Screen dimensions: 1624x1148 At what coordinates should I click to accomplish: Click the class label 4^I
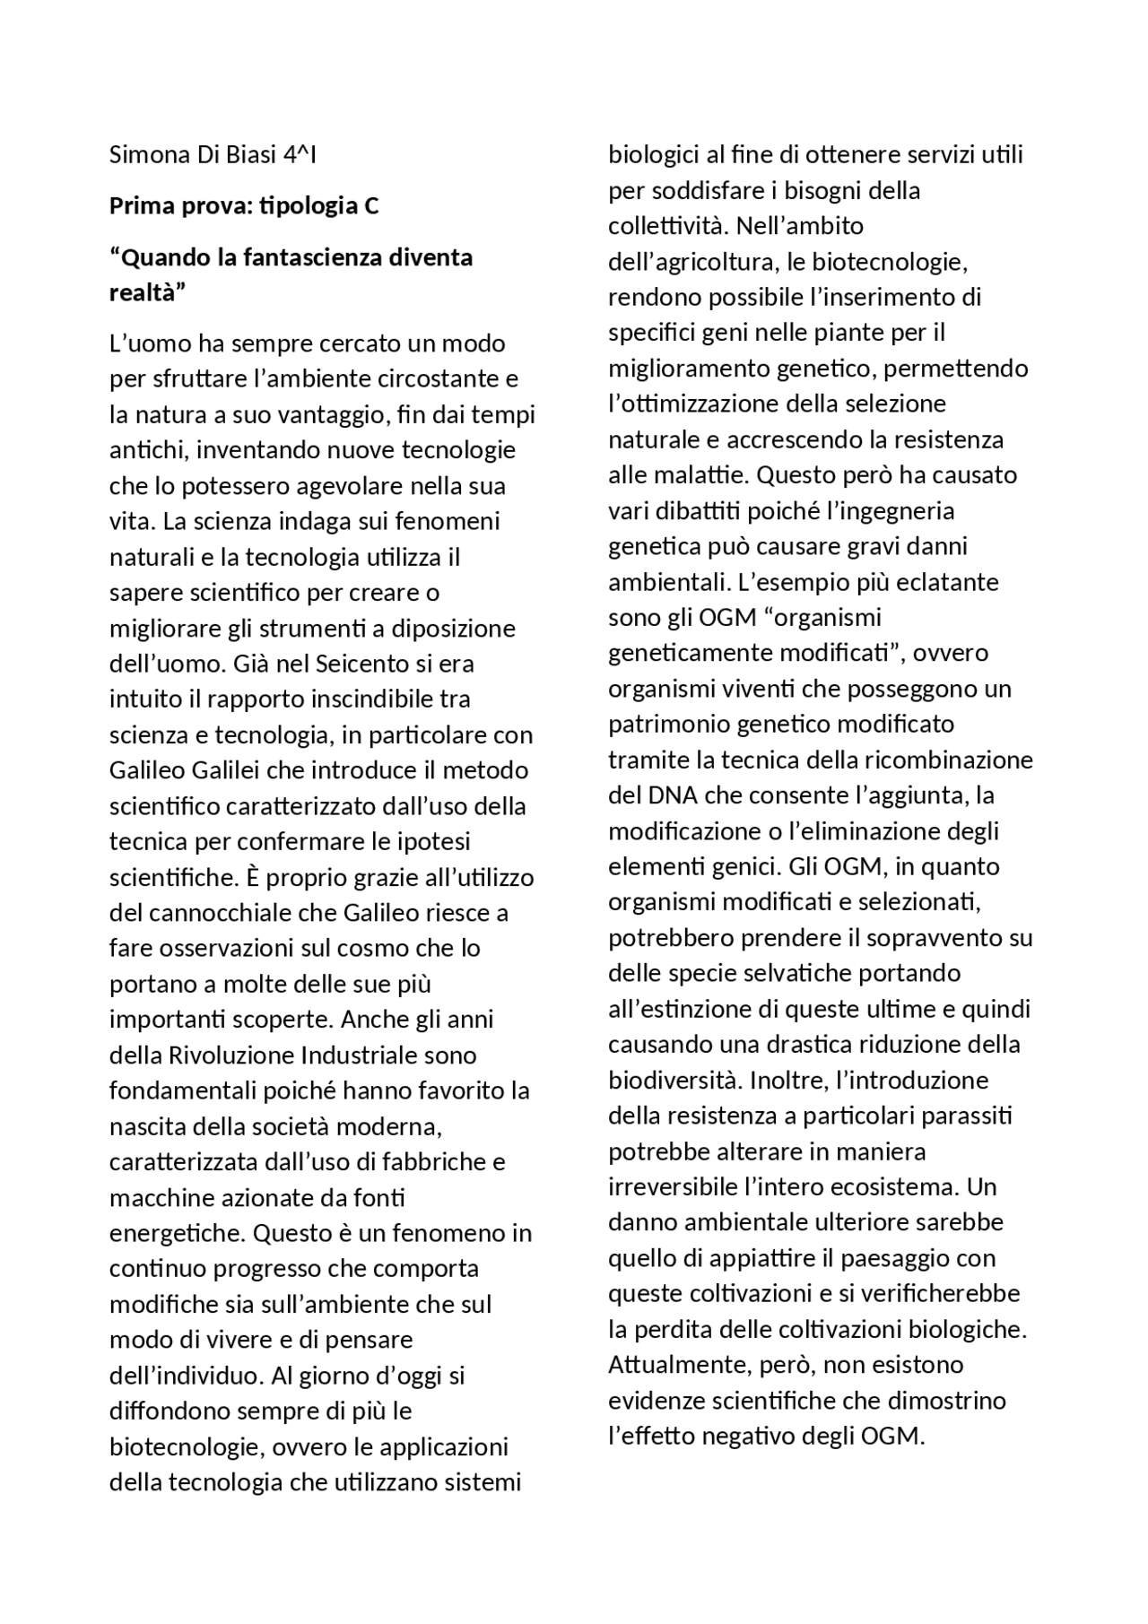(x=300, y=155)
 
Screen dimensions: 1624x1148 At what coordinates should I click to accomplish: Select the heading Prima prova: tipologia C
(x=244, y=206)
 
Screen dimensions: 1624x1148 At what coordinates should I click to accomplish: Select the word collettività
(x=663, y=226)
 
